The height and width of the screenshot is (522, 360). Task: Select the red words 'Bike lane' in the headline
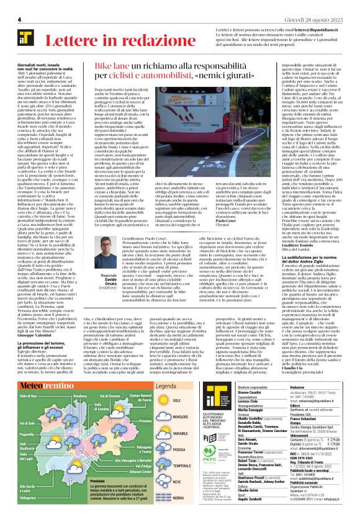coord(99,65)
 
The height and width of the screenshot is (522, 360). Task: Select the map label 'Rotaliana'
coord(81,378)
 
